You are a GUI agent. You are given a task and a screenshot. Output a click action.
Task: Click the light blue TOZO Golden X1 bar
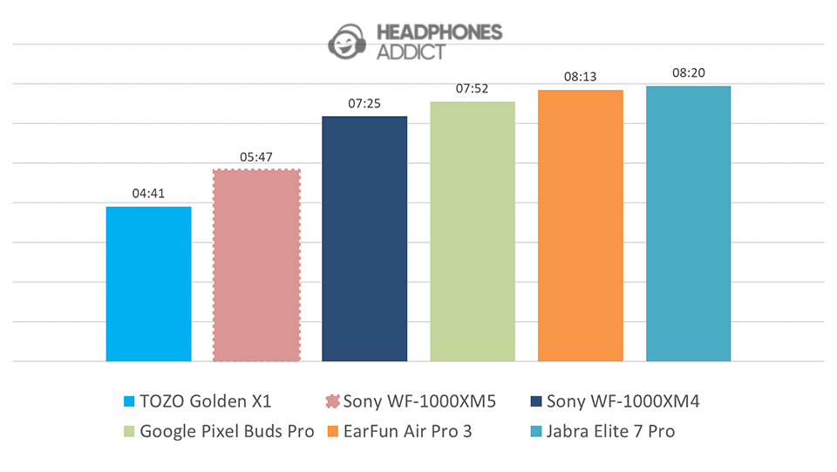pos(148,284)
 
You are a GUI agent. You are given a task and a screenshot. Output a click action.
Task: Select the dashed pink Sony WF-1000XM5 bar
pos(256,265)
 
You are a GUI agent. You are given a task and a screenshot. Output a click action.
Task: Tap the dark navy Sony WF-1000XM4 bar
pos(364,238)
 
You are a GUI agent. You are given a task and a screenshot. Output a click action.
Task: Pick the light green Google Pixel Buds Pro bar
pos(473,231)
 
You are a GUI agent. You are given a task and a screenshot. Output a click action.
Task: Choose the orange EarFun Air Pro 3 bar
pos(581,225)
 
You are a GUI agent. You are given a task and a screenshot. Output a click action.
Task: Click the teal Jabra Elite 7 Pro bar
pos(688,223)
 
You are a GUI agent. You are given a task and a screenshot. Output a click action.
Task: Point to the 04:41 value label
pos(149,195)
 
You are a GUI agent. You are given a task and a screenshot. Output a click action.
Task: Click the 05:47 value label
pos(256,157)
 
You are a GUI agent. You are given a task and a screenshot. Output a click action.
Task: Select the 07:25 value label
pos(364,104)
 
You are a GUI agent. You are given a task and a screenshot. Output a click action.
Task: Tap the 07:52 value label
pos(473,89)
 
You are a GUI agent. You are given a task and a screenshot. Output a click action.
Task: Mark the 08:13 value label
pos(581,77)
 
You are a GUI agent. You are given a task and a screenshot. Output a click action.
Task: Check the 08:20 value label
pos(688,73)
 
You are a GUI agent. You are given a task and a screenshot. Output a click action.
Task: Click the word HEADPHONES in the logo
pos(439,32)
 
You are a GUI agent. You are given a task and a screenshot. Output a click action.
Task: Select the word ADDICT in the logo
pos(410,51)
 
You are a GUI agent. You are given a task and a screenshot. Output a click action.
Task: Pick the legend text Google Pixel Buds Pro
pos(227,431)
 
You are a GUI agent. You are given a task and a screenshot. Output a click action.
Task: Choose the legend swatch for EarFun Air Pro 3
pos(332,431)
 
